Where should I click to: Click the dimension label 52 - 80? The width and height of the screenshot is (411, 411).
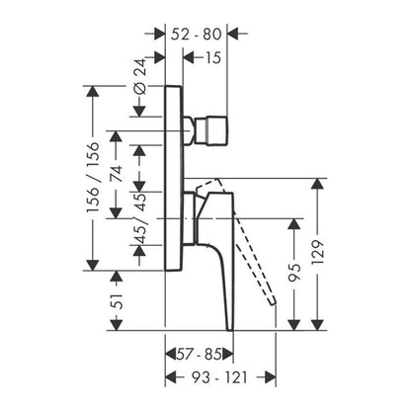pyautogui.click(x=196, y=35)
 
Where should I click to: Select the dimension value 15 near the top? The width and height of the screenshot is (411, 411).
pyautogui.click(x=213, y=57)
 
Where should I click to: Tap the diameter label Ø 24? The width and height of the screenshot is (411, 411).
pyautogui.click(x=140, y=76)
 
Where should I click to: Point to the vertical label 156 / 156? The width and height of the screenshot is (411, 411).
pyautogui.click(x=93, y=177)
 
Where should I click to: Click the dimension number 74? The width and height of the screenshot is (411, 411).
pyautogui.click(x=116, y=174)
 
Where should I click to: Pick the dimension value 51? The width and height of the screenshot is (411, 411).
pyautogui.click(x=117, y=301)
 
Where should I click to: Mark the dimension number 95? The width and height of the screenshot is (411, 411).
pyautogui.click(x=294, y=273)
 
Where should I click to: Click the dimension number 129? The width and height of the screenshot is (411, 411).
pyautogui.click(x=318, y=253)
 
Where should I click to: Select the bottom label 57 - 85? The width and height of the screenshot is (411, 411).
pyautogui.click(x=200, y=355)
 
